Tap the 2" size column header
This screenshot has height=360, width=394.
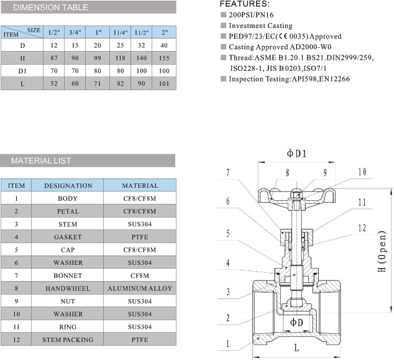(164, 32)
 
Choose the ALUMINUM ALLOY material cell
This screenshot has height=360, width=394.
(140, 288)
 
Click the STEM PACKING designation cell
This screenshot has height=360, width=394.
(68, 340)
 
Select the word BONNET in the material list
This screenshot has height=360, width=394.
(68, 275)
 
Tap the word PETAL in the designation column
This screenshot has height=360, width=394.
(68, 211)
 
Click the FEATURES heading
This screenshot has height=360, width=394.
(244, 4)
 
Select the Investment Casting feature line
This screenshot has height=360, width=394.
(260, 25)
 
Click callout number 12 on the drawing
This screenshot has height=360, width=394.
(362, 228)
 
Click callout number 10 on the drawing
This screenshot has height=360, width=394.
(362, 172)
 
